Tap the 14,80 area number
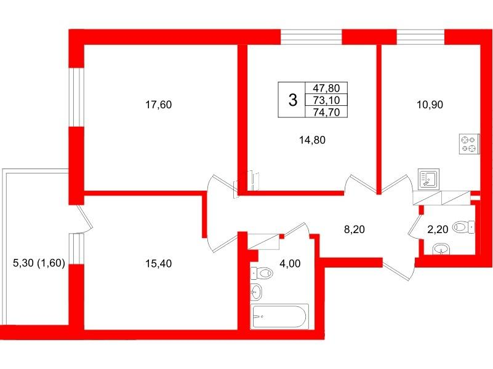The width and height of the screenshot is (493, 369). pyautogui.click(x=311, y=140)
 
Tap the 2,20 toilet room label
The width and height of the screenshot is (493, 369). pyautogui.click(x=438, y=230)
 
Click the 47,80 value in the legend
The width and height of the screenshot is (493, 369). pyautogui.click(x=330, y=89)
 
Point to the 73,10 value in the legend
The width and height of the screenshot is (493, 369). pyautogui.click(x=330, y=100)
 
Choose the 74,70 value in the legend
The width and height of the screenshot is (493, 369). pyautogui.click(x=330, y=111)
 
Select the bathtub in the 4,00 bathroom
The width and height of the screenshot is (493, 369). pyautogui.click(x=279, y=316)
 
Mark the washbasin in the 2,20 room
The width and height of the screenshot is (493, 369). pyautogui.click(x=441, y=249)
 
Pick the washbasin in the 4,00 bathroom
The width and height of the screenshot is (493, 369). pyautogui.click(x=257, y=291)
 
